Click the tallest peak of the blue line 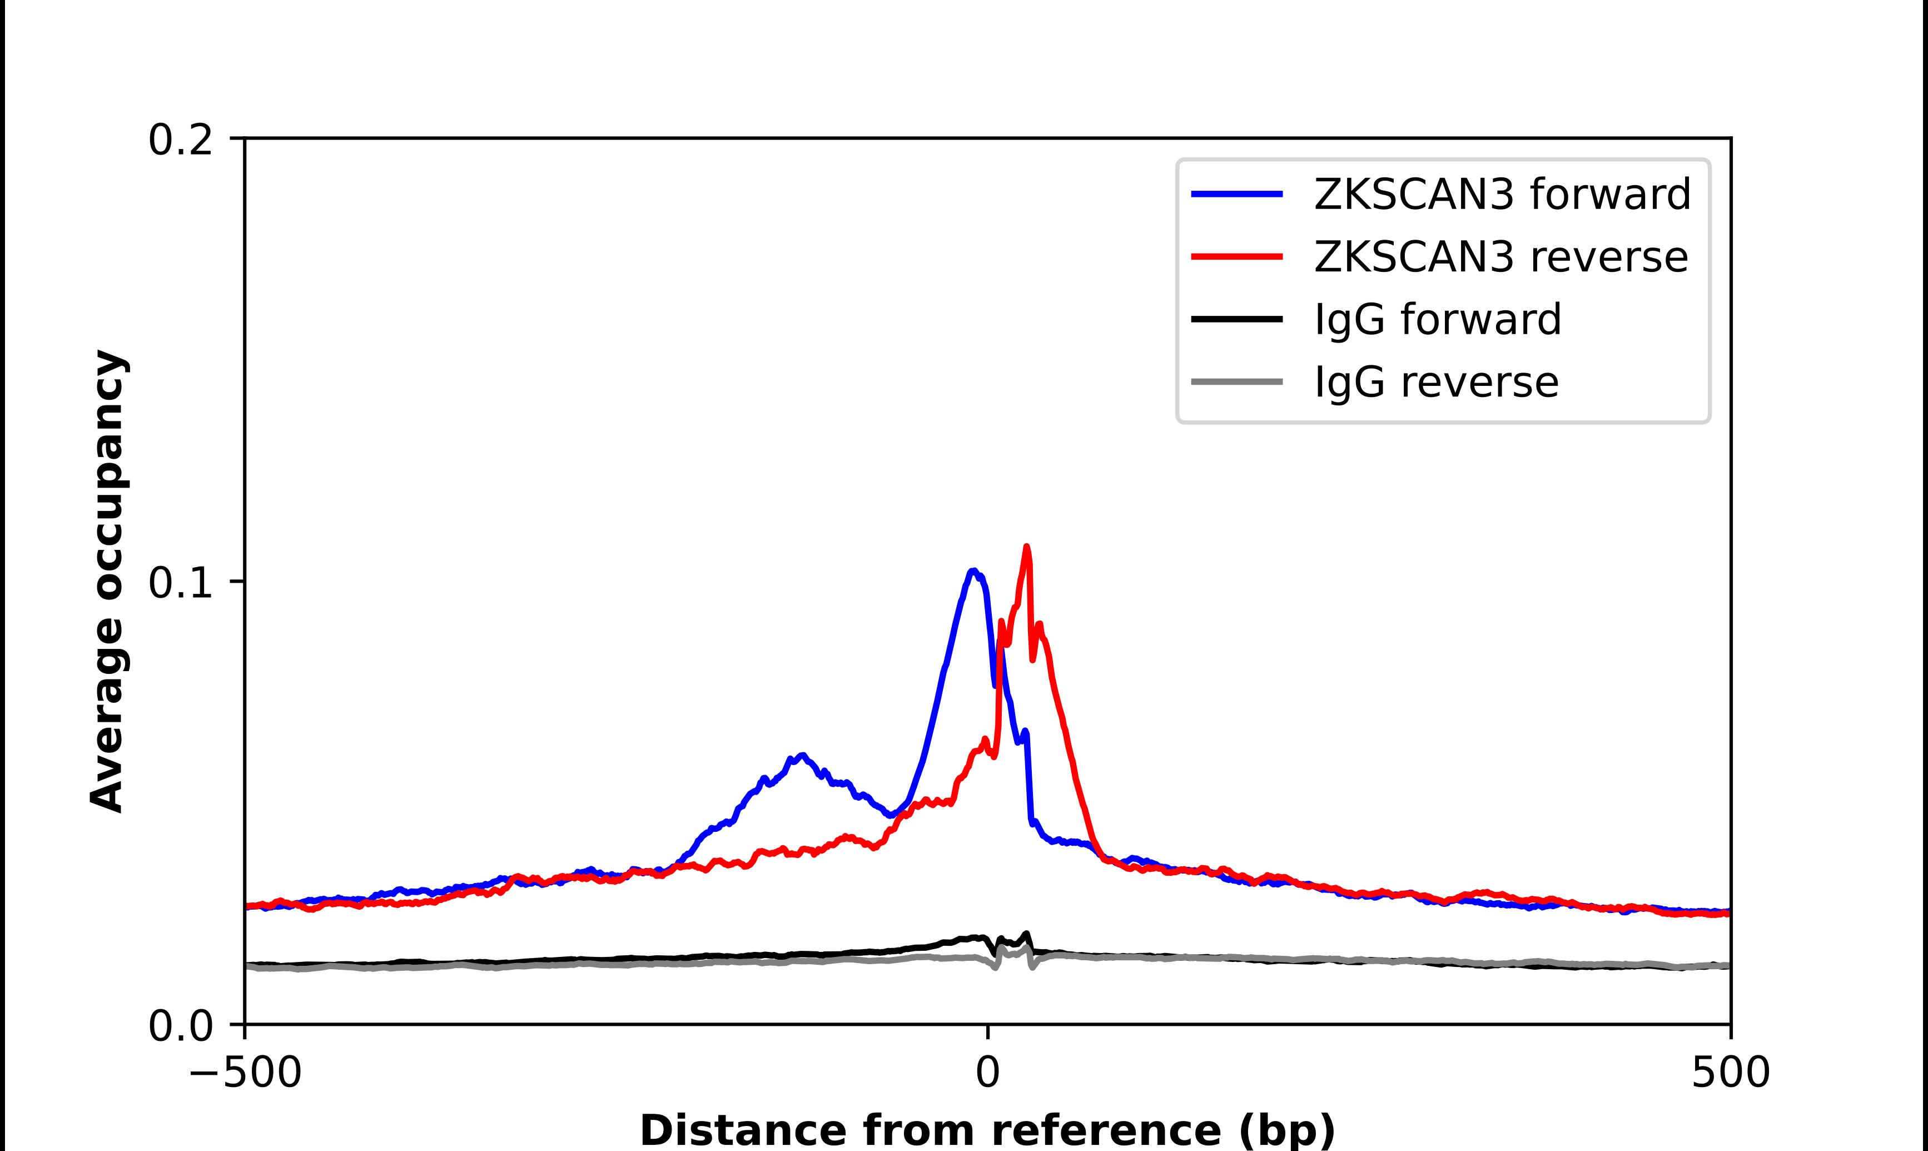click(x=973, y=571)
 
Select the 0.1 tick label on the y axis click(x=180, y=583)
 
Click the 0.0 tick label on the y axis click(x=180, y=1026)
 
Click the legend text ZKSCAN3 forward click(x=1502, y=194)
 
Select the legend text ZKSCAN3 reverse click(x=1501, y=257)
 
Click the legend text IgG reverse click(x=1437, y=381)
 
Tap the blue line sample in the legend click(x=1238, y=194)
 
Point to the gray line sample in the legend click(x=1238, y=381)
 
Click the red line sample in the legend click(x=1238, y=257)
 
